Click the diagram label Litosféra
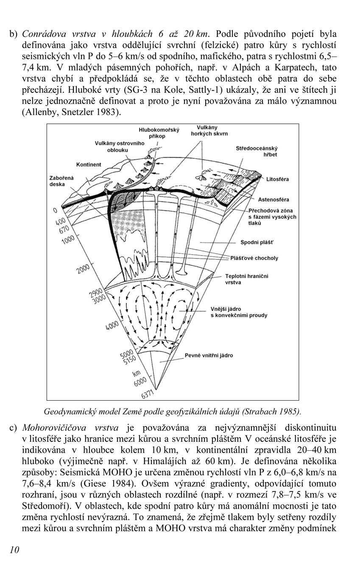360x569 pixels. pos(277,179)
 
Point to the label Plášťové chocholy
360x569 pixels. pos(254,258)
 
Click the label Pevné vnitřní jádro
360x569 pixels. pos(209,356)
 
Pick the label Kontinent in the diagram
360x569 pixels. pos(89,165)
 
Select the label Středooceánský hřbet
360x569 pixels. pos(256,151)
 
